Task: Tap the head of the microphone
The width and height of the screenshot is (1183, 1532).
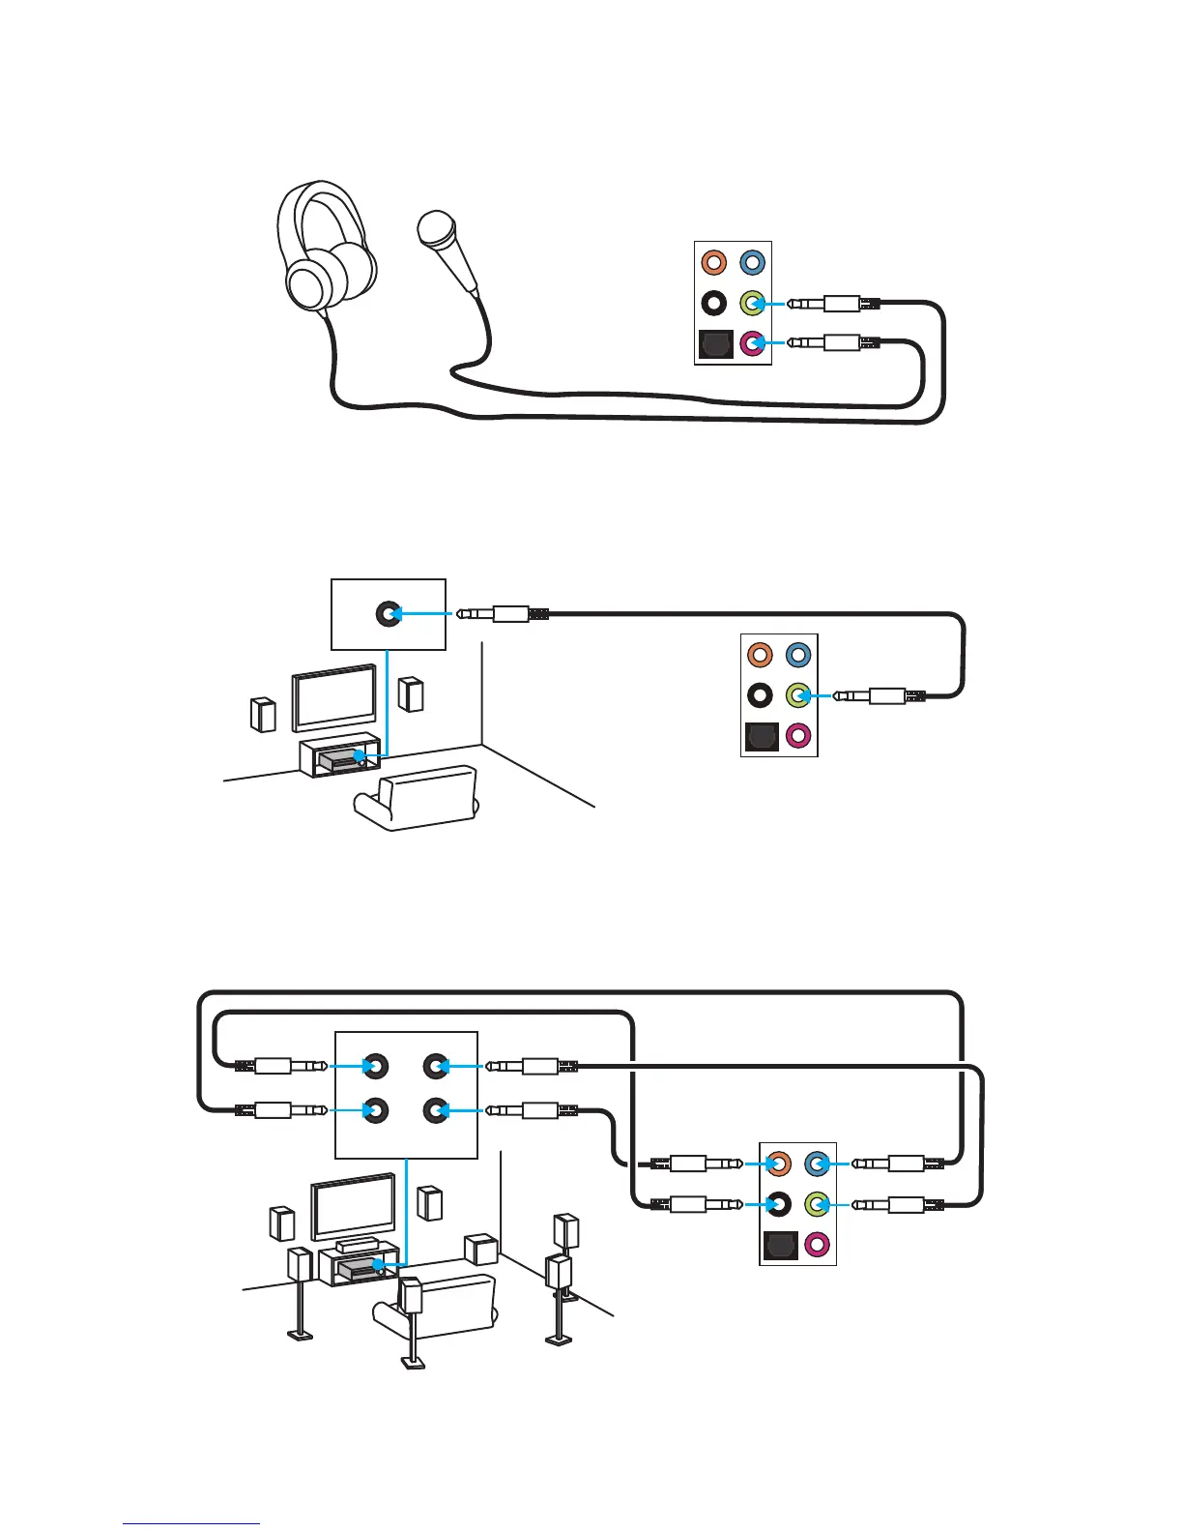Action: [x=436, y=228]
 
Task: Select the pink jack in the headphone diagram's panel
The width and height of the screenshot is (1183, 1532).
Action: [x=753, y=342]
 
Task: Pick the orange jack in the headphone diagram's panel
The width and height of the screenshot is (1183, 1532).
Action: [x=713, y=262]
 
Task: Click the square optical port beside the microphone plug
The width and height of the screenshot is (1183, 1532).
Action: [x=714, y=344]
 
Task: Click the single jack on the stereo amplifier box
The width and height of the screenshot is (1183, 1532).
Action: [x=389, y=613]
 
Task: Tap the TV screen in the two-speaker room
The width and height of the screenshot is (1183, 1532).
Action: [x=334, y=696]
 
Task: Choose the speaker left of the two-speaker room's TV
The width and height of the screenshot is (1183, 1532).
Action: [x=262, y=714]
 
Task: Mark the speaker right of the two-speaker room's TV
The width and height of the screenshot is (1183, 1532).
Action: [x=412, y=694]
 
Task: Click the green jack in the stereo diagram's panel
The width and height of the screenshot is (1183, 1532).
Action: [x=797, y=694]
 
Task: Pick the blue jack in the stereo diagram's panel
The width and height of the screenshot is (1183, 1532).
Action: [x=798, y=655]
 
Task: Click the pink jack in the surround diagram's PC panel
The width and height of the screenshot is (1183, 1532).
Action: [x=818, y=1245]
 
